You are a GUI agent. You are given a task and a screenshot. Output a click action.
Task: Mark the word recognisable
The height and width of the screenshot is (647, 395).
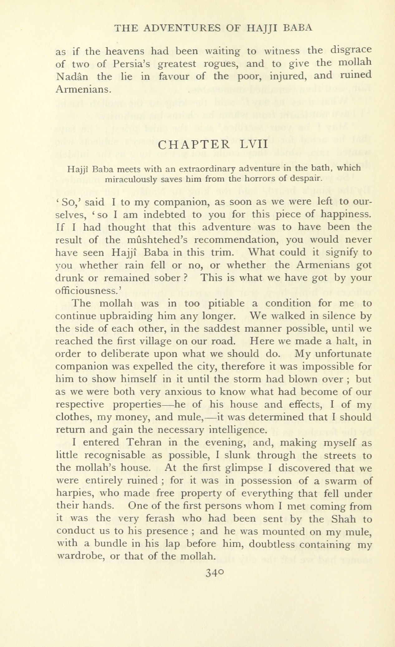coord(115,455)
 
